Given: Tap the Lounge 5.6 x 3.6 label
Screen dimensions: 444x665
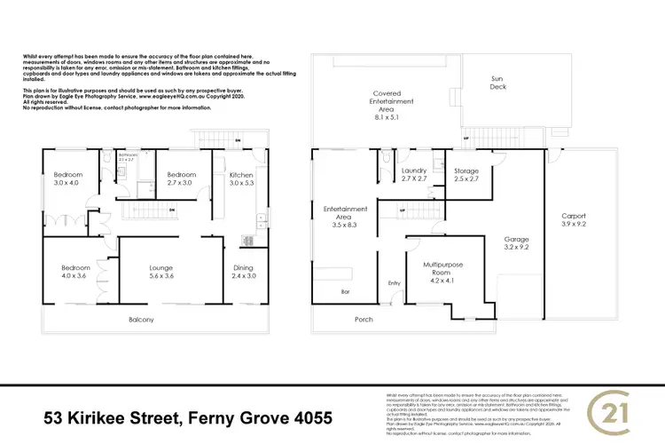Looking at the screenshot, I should point(160,272).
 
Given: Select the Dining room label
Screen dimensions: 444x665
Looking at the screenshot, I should point(243,272).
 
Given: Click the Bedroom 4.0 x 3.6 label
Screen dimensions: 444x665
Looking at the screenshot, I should point(75,272).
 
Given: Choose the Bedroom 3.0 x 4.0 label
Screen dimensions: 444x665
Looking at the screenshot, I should point(66,179).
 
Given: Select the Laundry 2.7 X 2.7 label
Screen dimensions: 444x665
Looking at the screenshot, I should point(415,175).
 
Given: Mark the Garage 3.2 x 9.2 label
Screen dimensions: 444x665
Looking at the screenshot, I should point(517,244).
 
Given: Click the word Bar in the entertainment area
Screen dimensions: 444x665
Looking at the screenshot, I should point(345,290).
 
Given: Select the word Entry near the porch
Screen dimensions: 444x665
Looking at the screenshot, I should point(394,283).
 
